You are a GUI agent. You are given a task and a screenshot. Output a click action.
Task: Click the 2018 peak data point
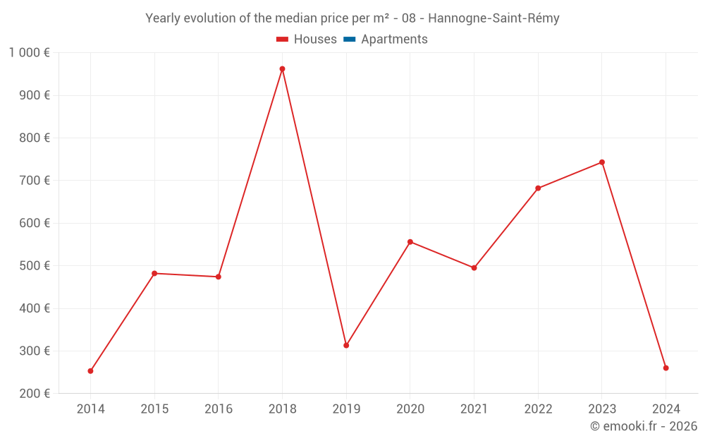(282, 69)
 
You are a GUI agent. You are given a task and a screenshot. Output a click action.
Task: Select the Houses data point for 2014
(90, 371)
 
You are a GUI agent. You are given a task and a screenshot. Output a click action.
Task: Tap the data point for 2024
(666, 368)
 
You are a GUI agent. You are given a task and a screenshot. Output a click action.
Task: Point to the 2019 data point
(346, 346)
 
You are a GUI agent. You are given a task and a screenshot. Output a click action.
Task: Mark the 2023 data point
(602, 162)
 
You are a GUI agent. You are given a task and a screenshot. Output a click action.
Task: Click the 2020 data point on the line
(410, 242)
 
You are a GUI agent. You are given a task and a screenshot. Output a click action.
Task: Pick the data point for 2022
(538, 188)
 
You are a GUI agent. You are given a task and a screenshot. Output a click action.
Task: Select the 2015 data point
(154, 273)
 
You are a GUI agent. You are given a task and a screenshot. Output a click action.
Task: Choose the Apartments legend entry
(394, 40)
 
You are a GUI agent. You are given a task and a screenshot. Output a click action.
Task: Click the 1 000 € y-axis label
(29, 53)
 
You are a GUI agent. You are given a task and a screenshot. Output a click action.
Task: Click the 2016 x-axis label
(218, 409)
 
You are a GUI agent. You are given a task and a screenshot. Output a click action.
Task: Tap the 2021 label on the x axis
(474, 409)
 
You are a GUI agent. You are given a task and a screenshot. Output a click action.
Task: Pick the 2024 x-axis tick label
(666, 409)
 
